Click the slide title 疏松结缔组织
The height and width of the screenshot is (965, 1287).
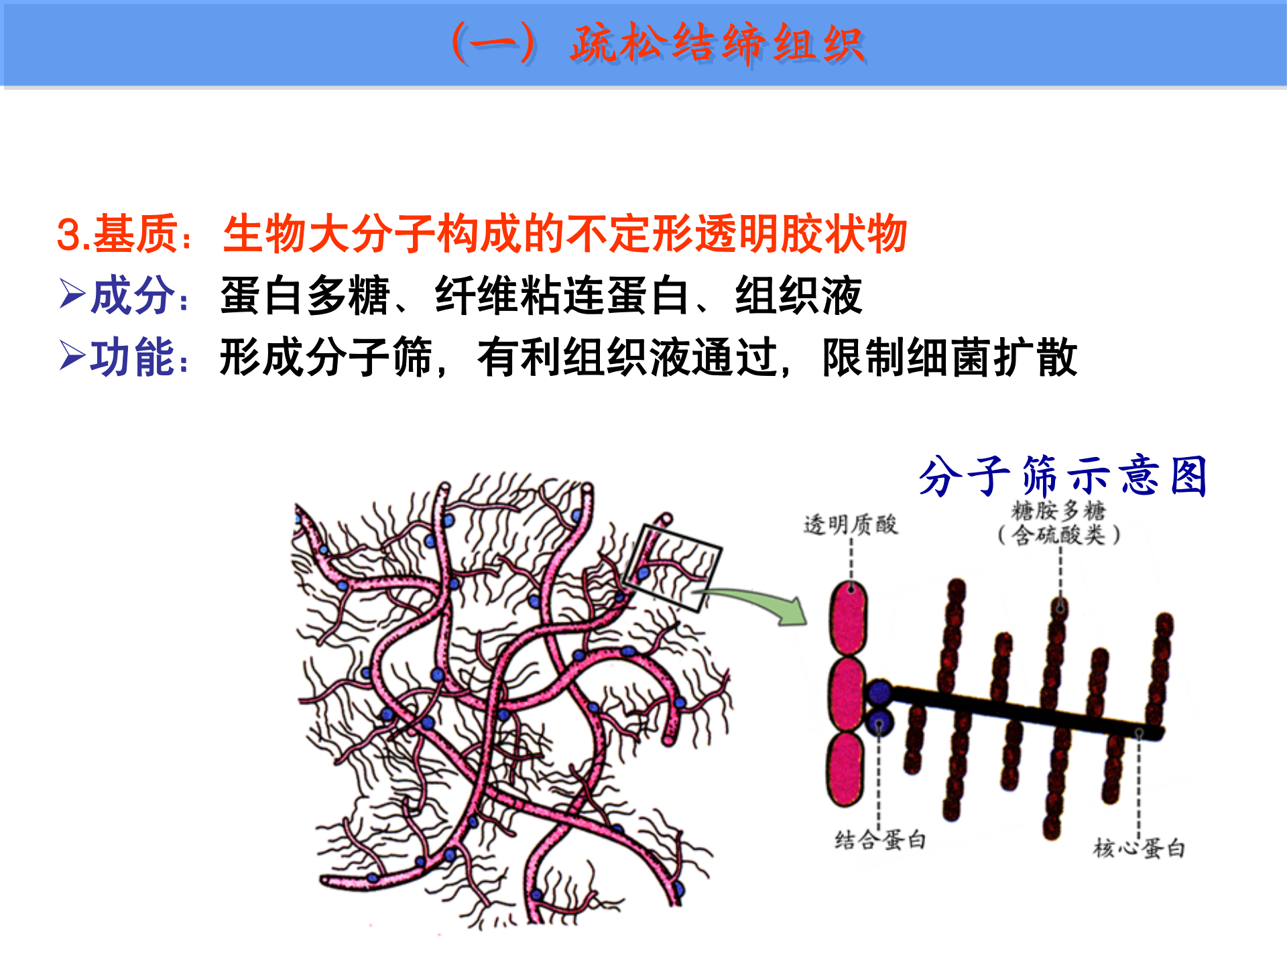click(x=717, y=44)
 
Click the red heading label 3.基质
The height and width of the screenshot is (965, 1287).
click(x=118, y=235)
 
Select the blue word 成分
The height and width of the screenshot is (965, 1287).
click(x=133, y=296)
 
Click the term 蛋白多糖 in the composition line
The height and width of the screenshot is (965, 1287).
click(x=305, y=296)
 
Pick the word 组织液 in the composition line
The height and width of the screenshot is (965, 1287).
click(x=798, y=296)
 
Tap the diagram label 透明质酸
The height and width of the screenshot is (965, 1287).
click(x=850, y=525)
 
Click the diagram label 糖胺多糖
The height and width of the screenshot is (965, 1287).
click(x=1058, y=511)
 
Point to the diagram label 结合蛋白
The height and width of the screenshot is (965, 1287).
click(x=880, y=840)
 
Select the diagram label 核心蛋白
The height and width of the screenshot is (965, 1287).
click(x=1139, y=848)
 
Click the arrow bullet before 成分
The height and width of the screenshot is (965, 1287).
click(x=72, y=294)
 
